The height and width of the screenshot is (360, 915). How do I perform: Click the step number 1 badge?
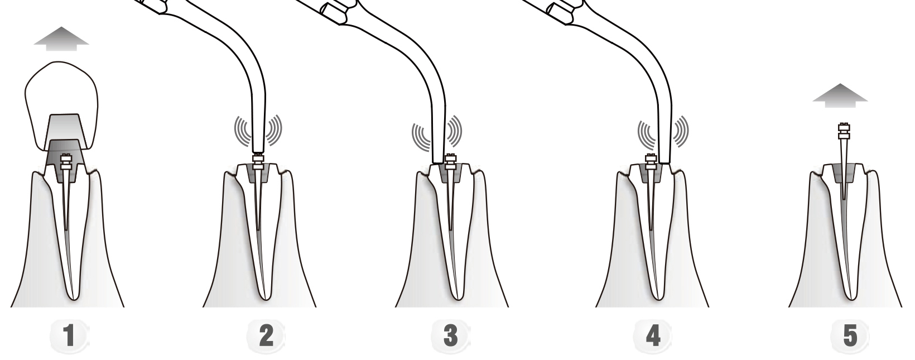69,337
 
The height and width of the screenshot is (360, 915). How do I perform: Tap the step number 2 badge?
266,337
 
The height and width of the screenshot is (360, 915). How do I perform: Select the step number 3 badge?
451,337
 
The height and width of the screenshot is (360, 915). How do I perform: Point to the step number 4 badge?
652,337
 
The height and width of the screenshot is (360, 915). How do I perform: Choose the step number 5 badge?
850,337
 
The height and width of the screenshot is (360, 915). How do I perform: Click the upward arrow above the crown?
61,39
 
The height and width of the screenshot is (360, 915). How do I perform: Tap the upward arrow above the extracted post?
840,95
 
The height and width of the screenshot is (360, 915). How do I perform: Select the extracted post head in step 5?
842,130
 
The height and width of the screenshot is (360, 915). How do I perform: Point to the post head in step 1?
66,162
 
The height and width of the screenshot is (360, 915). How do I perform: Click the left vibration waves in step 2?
242,130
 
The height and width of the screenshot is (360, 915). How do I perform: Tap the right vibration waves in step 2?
274,130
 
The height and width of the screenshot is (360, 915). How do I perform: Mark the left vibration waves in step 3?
421,135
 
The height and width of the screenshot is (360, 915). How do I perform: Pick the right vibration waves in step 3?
454,131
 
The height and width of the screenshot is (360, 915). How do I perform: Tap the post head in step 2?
258,161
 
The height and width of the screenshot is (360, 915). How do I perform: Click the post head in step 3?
451,161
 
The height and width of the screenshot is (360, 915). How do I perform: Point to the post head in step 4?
651,161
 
